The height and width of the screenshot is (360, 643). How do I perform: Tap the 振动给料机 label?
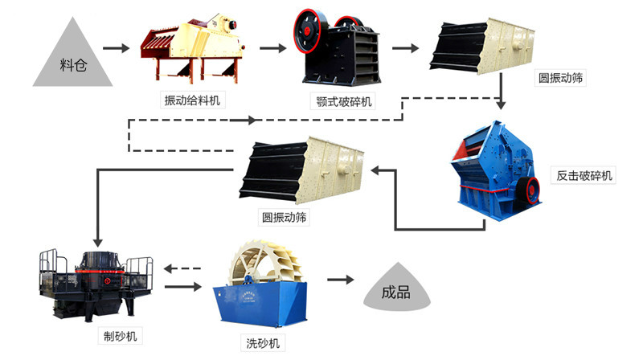[193, 100]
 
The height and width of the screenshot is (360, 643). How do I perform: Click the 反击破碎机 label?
[584, 175]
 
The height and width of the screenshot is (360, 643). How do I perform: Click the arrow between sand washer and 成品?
[339, 280]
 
